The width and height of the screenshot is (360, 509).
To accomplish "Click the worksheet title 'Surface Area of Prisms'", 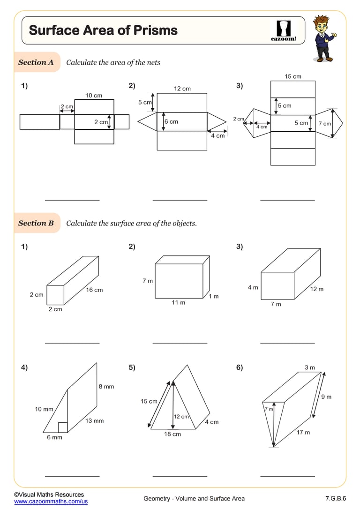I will pos(103,30).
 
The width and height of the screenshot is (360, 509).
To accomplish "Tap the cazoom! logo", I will pos(284,31).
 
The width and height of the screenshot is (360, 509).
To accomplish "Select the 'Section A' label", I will pos(36,62).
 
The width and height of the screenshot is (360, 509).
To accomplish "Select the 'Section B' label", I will pos(36,223).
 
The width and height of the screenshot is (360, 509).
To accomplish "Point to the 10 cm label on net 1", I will pos(94,96).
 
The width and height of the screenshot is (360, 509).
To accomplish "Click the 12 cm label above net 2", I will pos(182,89).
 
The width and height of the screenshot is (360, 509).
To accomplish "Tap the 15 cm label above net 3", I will pos(293,76).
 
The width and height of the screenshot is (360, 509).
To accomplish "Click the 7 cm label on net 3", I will pos(324,124).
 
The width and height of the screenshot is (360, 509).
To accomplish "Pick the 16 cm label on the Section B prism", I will pos(94,290).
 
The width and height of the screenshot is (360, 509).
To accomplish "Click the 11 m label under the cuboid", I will pos(178,303).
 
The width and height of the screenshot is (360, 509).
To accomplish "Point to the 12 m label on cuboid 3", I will pos(317,289).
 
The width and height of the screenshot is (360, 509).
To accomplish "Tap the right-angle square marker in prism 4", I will pos(63,427).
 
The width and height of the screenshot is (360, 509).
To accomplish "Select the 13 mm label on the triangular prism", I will pos(94,421).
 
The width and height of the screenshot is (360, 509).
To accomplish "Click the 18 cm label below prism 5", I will pos(172,434).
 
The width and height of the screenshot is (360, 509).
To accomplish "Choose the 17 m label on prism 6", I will pos(303,432).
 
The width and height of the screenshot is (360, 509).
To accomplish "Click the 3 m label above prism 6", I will pos(310,367).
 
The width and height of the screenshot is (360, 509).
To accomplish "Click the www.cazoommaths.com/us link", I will pos(51,502).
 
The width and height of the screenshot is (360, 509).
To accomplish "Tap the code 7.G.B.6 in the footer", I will pos(335,498).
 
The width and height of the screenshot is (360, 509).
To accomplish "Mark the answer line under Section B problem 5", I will pos(180,476).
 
